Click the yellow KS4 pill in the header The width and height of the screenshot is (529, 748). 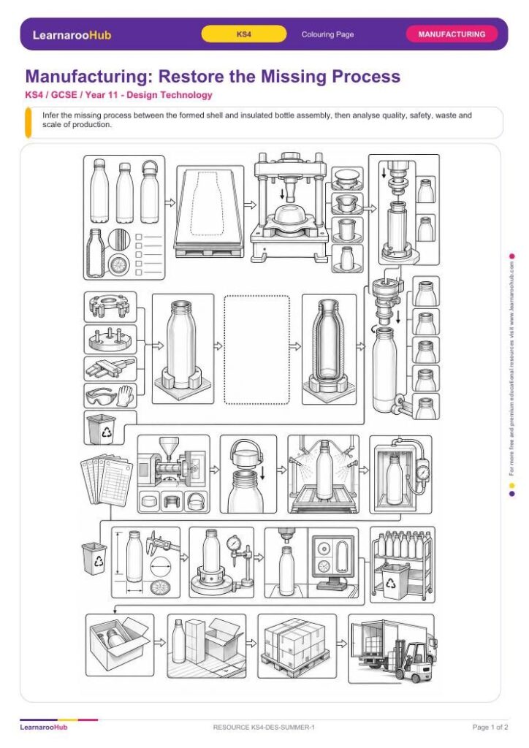coord(244,34)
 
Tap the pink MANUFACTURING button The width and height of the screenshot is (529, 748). coord(452,34)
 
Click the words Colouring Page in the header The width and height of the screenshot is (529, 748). coord(328,34)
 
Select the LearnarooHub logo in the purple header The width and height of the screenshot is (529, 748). coord(72,35)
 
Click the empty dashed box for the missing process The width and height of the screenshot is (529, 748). coord(256,350)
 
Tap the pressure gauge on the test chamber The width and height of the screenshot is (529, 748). coord(422,473)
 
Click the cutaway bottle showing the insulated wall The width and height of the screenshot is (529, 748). coord(329,348)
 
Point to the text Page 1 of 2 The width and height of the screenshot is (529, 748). coord(490,727)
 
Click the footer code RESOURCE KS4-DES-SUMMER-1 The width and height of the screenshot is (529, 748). coord(264,727)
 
